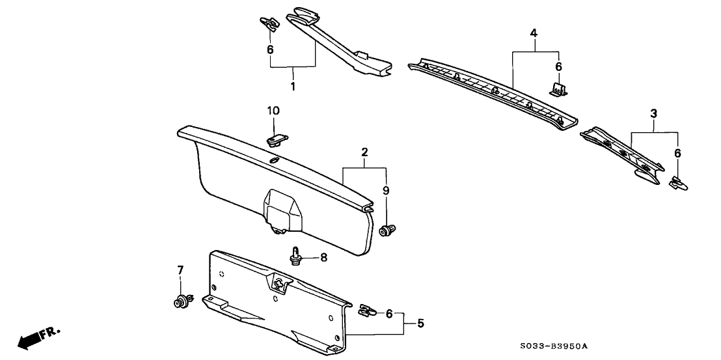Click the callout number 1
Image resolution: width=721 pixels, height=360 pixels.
pyautogui.click(x=293, y=86)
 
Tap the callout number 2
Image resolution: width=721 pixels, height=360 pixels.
pyautogui.click(x=365, y=152)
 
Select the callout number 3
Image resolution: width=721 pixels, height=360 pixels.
pyautogui.click(x=653, y=114)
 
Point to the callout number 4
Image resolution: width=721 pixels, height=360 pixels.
pyautogui.click(x=534, y=33)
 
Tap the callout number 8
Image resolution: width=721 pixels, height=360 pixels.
pyautogui.click(x=323, y=258)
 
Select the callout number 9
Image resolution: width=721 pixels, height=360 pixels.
pyautogui.click(x=386, y=191)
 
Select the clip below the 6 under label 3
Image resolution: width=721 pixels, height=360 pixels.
pyautogui.click(x=677, y=184)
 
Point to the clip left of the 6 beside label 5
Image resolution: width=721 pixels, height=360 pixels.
pyautogui.click(x=368, y=311)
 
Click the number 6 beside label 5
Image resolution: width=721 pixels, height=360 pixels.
pyautogui.click(x=389, y=314)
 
